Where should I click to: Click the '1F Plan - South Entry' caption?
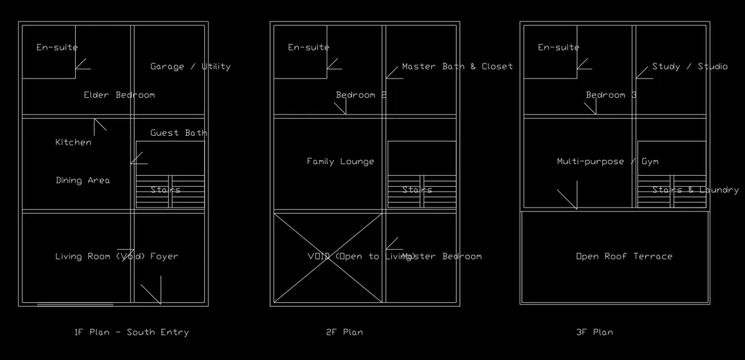coord(131,332)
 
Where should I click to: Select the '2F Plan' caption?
coord(344,332)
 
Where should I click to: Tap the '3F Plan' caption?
coord(594,332)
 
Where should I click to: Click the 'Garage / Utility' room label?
coord(190,67)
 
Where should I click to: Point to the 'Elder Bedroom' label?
coord(119,95)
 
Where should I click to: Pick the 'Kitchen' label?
coord(73,143)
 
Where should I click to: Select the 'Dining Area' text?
coord(83,181)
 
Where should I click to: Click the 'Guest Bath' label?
coord(179,133)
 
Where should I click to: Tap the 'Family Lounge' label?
coord(341,162)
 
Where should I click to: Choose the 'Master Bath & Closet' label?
coord(457,67)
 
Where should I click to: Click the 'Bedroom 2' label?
coord(361,95)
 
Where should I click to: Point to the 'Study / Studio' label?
coord(690,67)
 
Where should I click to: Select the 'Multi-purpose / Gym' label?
coord(608,162)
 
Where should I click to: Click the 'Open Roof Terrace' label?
coord(624,257)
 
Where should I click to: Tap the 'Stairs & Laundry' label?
coord(695,190)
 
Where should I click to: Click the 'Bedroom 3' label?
coord(611,95)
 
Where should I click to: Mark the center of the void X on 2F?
coord(328,257)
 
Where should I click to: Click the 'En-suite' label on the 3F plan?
coord(559,48)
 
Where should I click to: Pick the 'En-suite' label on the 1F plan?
coord(57,48)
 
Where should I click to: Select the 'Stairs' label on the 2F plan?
coord(417,190)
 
